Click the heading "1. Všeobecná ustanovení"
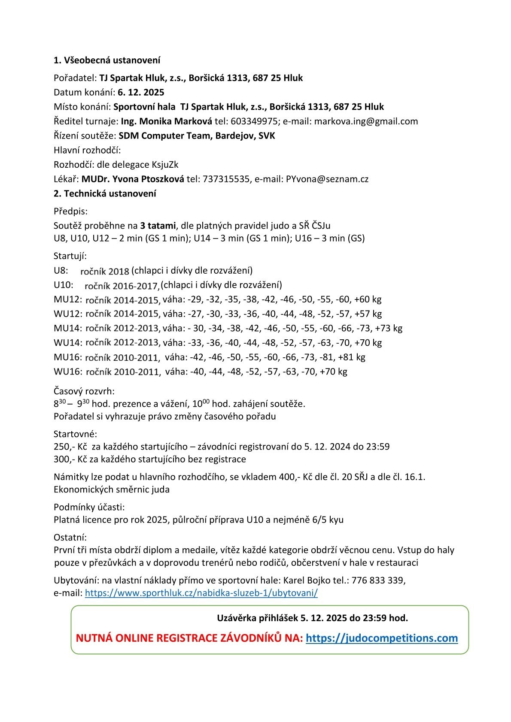coord(107,60)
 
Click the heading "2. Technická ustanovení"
coord(105,193)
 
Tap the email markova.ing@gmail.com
coord(366,121)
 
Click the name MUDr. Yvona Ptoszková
coord(133,179)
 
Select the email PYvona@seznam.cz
coord(327,179)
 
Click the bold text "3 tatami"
coord(158,226)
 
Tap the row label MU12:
coord(68,299)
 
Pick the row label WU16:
coord(68,372)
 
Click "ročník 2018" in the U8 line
coord(105,271)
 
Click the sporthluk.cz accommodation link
coord(201,593)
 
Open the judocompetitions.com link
coord(382,638)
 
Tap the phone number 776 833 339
coord(378,580)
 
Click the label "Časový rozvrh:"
coord(84,391)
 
